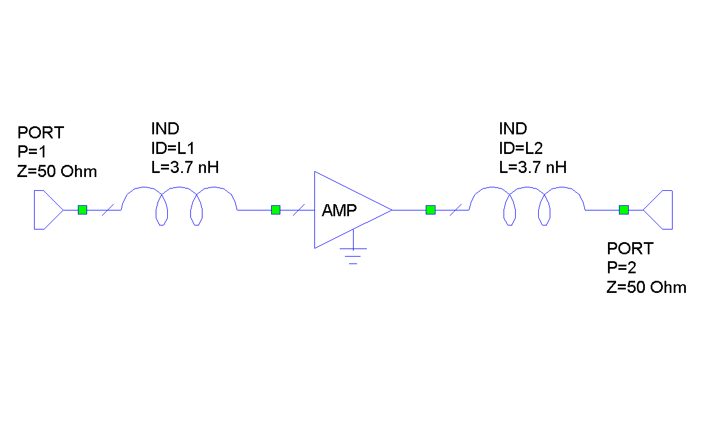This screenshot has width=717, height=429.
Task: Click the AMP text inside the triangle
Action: point(340,210)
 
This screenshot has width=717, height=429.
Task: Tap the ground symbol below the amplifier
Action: point(353,253)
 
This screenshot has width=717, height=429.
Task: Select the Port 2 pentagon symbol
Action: point(659,210)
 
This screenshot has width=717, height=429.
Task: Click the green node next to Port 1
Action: point(82,210)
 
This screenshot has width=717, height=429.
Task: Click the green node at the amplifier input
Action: point(276,210)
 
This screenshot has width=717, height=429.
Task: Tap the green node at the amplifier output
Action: point(430,210)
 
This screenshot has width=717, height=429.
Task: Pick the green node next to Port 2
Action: point(624,210)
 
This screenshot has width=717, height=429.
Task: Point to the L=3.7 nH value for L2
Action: point(532,167)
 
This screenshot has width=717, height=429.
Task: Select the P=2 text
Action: point(622,268)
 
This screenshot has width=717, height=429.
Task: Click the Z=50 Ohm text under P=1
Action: point(57,171)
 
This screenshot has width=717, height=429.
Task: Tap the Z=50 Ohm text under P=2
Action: point(647,287)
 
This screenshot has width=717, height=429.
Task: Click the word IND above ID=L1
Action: point(165,128)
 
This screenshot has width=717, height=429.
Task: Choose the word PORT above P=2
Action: point(630,249)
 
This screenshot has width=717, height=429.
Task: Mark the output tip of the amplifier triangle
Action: point(392,210)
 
